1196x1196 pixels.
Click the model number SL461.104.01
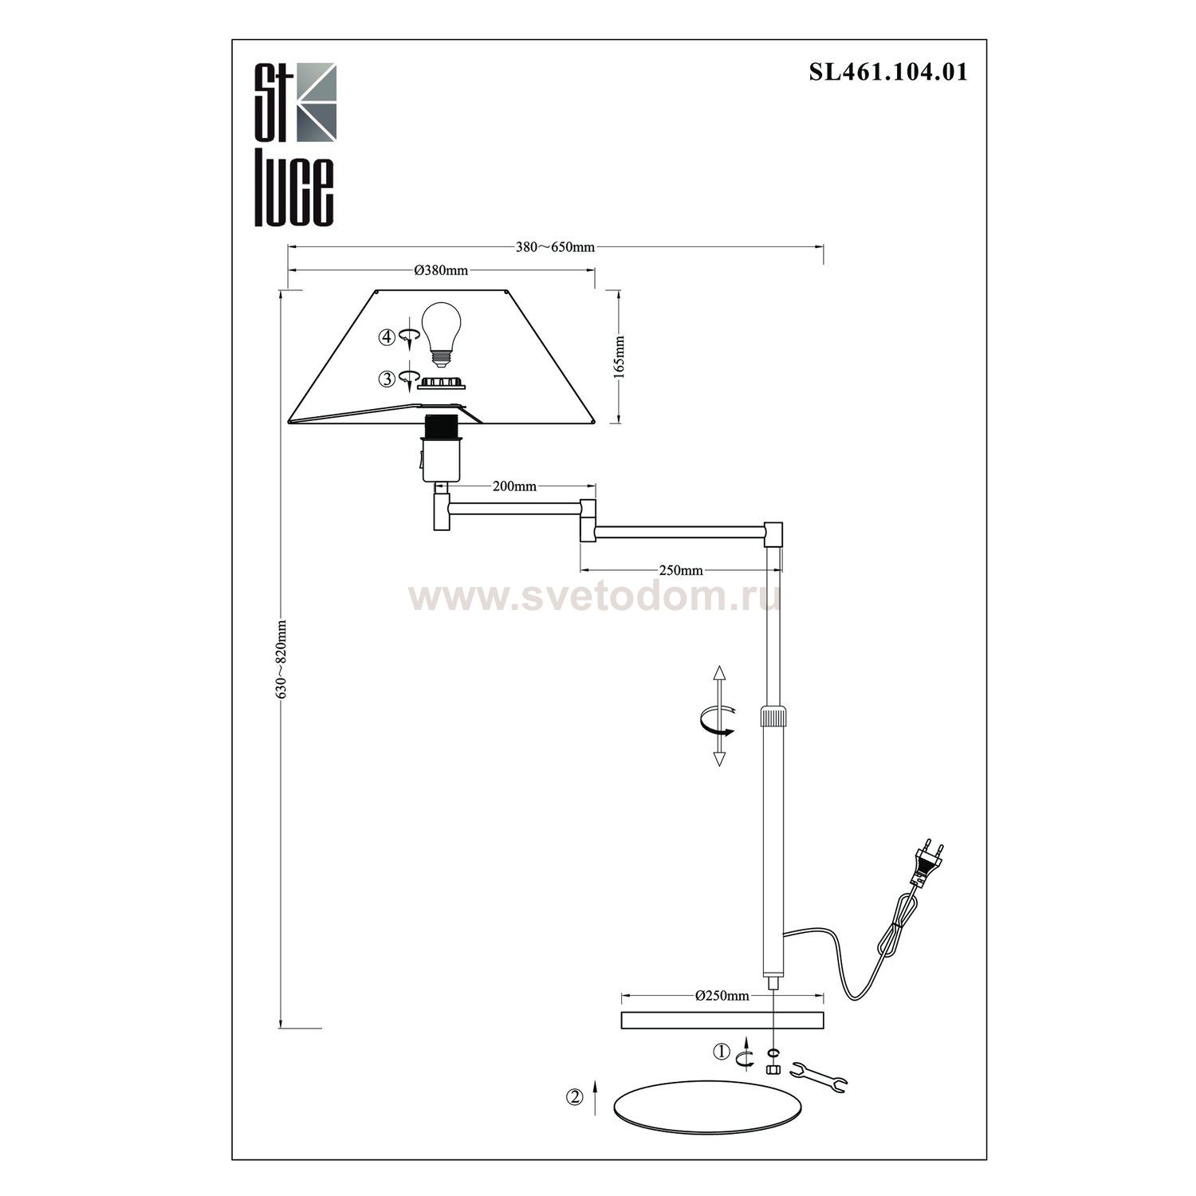888,73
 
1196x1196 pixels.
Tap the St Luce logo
295,144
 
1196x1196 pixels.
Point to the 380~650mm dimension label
555,247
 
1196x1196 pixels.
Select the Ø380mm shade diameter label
441,270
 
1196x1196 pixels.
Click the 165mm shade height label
620,356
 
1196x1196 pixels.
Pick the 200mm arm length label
514,486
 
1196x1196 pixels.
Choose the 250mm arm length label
681,570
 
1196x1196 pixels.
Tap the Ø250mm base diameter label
722,995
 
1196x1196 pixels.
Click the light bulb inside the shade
440,333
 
